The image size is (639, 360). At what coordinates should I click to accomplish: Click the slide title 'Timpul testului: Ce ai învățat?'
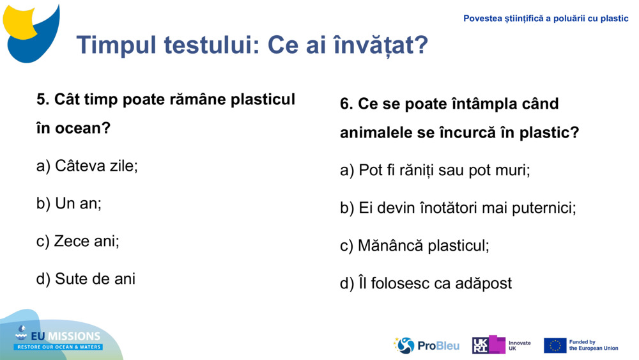tap(252, 45)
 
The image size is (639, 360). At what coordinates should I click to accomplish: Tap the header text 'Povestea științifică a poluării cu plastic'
tap(546, 19)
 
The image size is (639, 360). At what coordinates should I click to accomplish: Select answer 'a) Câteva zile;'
tap(87, 166)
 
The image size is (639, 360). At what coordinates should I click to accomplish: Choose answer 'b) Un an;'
tap(69, 204)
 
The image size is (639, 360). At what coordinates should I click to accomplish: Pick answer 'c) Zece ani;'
tap(78, 242)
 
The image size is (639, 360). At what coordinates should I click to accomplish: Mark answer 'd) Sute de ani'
tap(86, 279)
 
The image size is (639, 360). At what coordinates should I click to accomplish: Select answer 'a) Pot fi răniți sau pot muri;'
tap(435, 171)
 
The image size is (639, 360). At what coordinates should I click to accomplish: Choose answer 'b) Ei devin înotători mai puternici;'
tap(458, 208)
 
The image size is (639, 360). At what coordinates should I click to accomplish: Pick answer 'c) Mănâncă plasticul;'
tap(414, 246)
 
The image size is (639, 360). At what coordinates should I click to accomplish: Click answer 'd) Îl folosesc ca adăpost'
tap(426, 283)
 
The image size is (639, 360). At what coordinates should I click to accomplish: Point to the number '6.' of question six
tap(346, 104)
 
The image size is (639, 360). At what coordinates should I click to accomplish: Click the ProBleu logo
tap(426, 345)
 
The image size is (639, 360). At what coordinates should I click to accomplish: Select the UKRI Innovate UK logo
tap(501, 345)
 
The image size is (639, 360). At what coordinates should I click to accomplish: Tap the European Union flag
tap(555, 345)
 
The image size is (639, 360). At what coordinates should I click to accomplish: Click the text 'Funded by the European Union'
tap(594, 345)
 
